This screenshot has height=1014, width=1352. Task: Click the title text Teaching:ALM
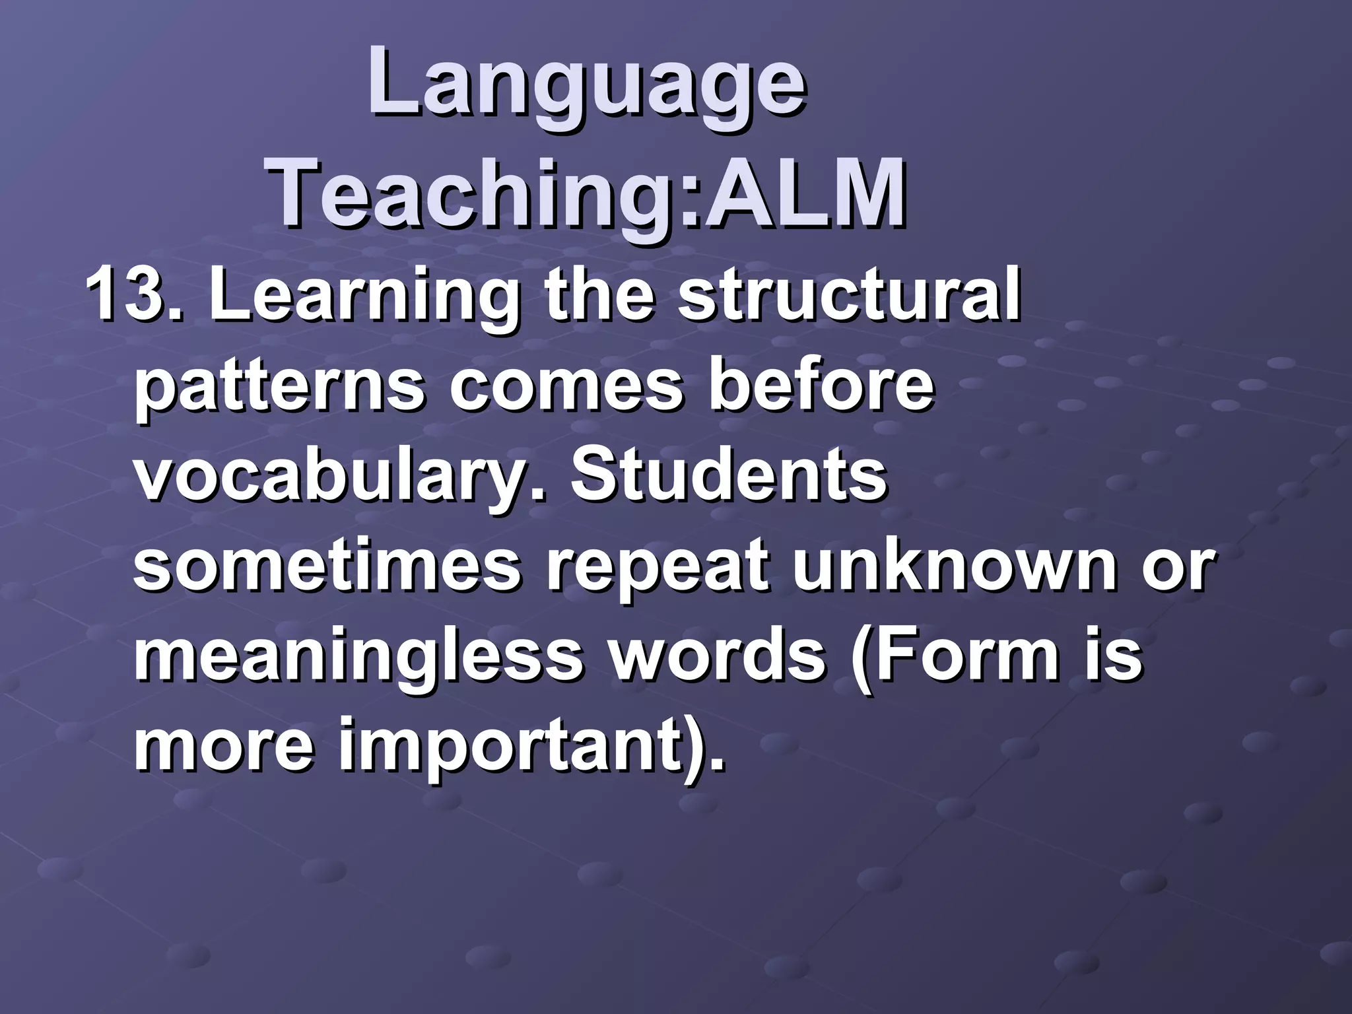click(588, 191)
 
